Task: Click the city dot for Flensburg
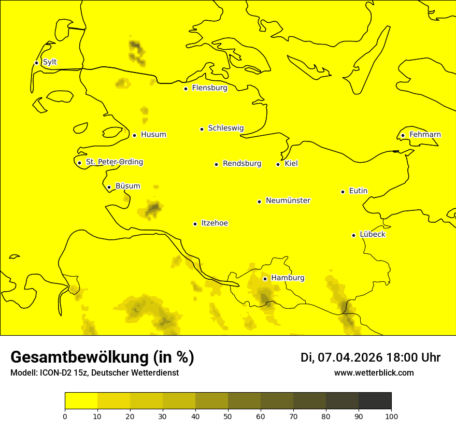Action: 186,89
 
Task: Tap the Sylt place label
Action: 50,62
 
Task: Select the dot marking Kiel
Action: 278,164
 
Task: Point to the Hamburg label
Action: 288,278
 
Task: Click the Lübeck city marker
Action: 353,235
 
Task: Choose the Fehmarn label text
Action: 425,135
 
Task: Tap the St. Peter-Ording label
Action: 114,162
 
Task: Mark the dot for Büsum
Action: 109,187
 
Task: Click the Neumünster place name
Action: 288,200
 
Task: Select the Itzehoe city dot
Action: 195,224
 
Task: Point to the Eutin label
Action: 358,191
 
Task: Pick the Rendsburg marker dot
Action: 216,164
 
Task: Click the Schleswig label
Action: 225,128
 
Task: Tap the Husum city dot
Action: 134,135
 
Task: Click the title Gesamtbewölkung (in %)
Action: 102,357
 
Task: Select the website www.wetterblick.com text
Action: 374,373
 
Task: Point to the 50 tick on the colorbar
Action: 228,416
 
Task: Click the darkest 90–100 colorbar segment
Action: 375,401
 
